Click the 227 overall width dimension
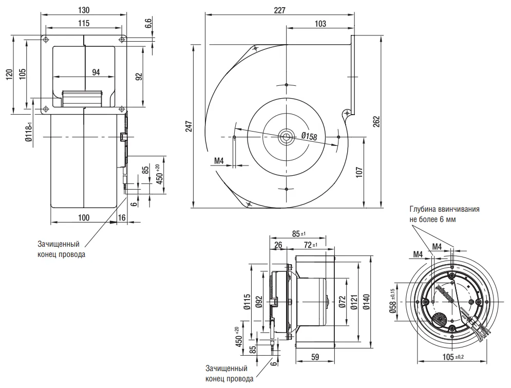pos(280,10)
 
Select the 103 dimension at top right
pos(320,24)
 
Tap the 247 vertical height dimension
pos(188,126)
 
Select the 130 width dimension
pos(84,10)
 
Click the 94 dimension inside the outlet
pos(96,72)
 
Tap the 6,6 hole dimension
pos(148,23)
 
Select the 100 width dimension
pos(84,218)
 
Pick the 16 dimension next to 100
pos(122,218)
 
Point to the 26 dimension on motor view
pos(278,245)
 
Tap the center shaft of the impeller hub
pos(286,137)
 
